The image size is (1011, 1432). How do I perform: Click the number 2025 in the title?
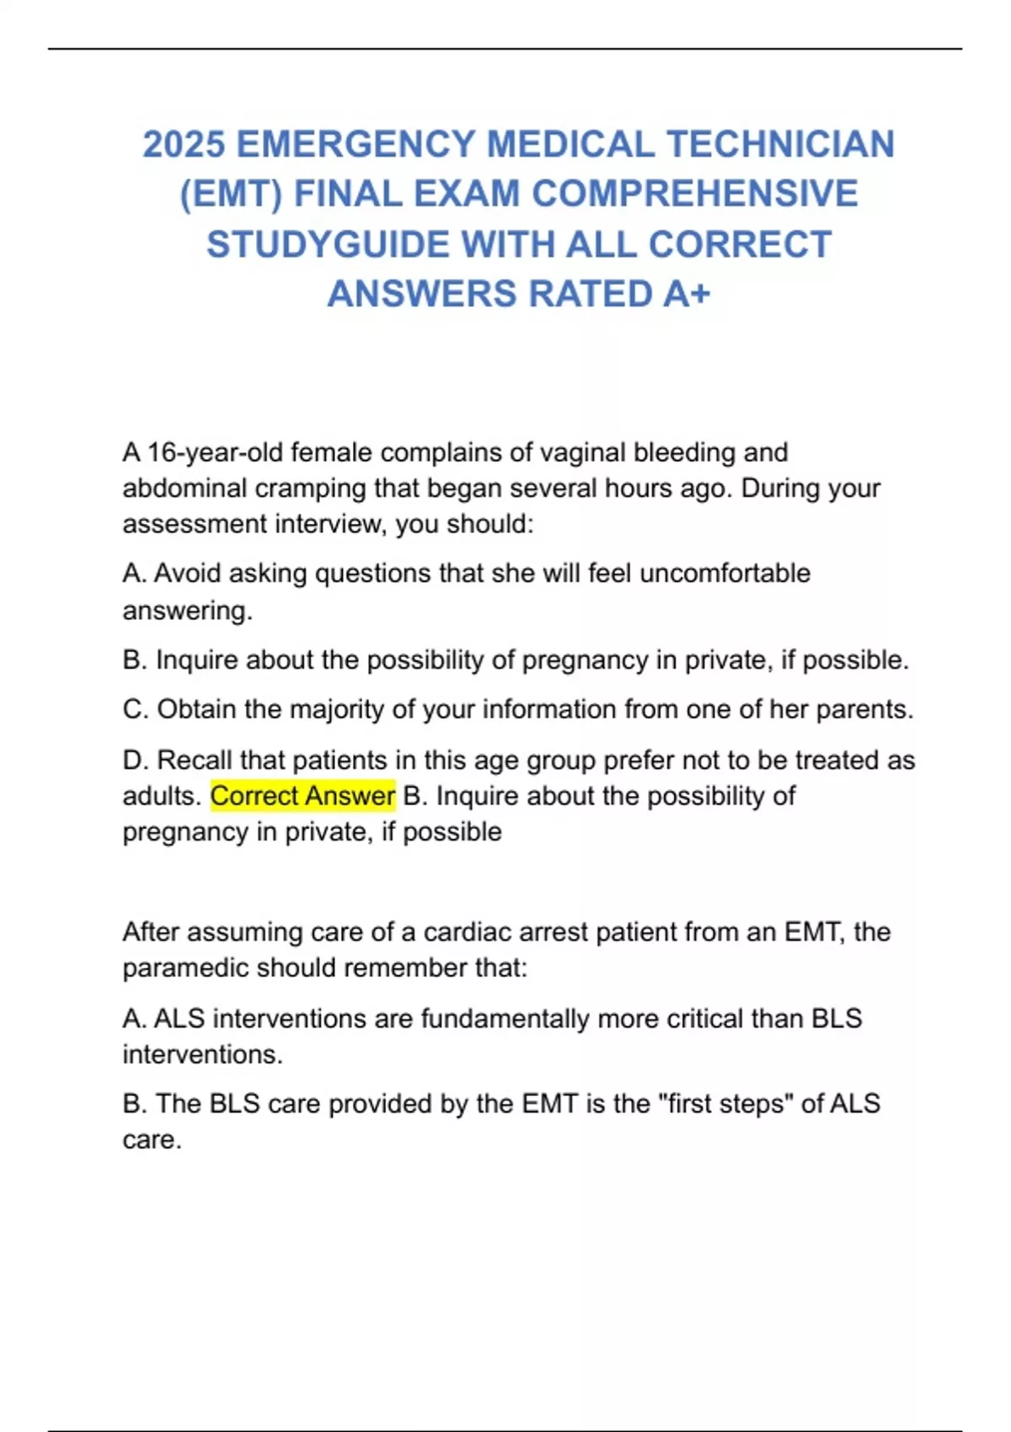184,144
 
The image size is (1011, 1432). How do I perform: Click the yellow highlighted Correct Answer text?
302,796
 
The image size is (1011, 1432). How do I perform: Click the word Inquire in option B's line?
196,660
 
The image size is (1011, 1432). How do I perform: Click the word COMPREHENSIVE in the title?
694,194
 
